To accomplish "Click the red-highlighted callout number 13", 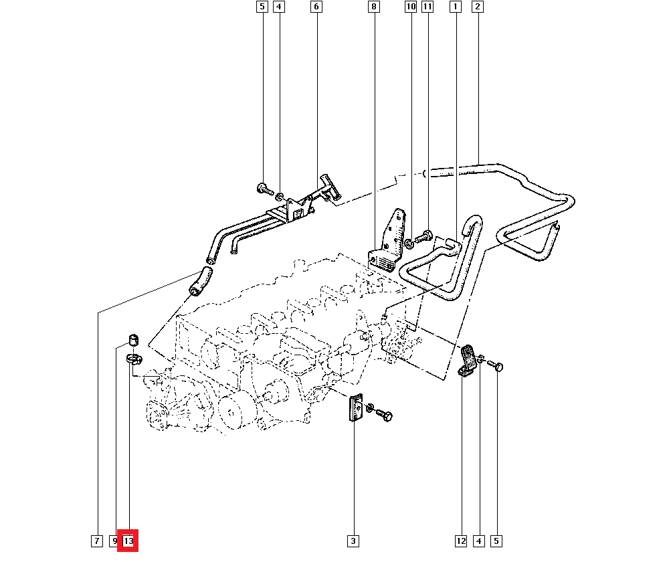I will pyautogui.click(x=128, y=541).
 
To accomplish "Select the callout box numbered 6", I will pyautogui.click(x=316, y=7).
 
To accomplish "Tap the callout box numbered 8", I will pyautogui.click(x=373, y=7).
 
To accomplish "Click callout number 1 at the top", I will pyautogui.click(x=456, y=7).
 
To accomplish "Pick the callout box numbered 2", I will pyautogui.click(x=478, y=7).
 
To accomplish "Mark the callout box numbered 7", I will pyautogui.click(x=97, y=541).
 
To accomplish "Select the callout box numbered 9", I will pyautogui.click(x=115, y=541).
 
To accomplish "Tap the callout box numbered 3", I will pyautogui.click(x=353, y=541).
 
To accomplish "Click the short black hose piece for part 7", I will pyautogui.click(x=200, y=280).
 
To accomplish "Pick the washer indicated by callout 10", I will pyautogui.click(x=409, y=240).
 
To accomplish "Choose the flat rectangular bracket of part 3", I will pyautogui.click(x=355, y=408).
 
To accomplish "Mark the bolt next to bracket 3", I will pyautogui.click(x=382, y=415).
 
